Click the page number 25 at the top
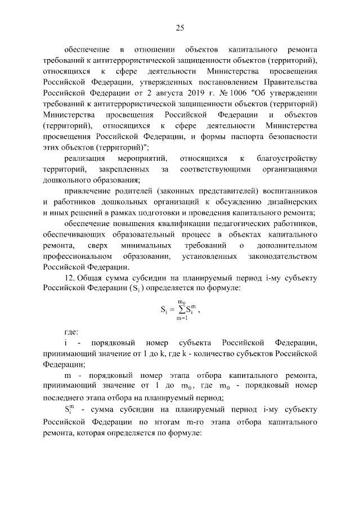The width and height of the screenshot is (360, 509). point(180,28)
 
